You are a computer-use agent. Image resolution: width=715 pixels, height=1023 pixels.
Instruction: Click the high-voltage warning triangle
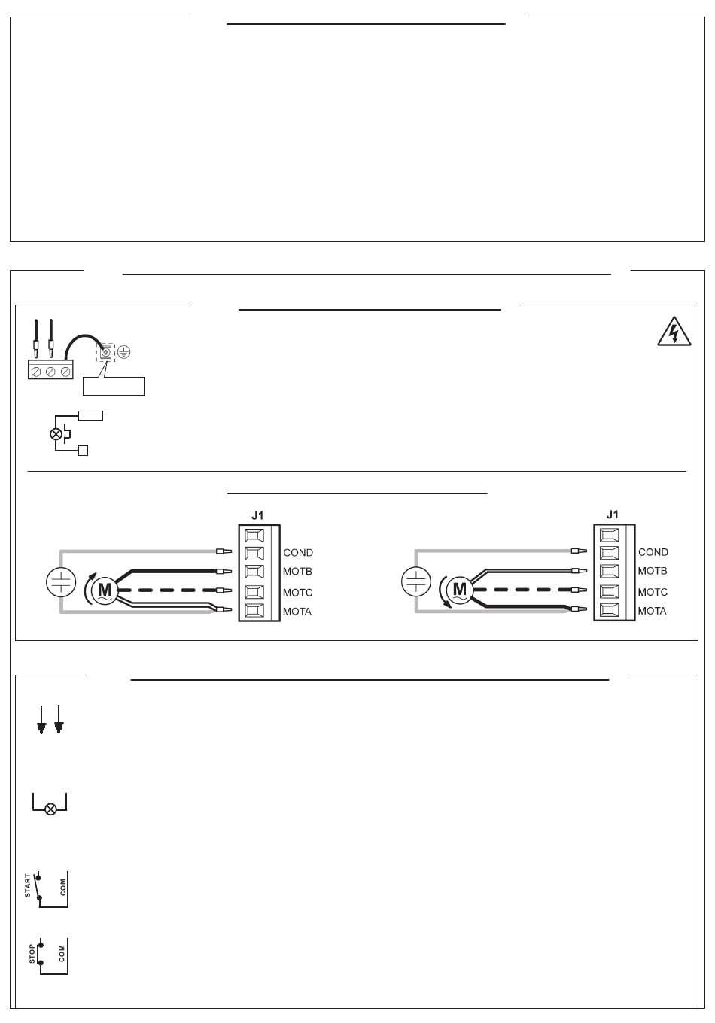pyautogui.click(x=674, y=332)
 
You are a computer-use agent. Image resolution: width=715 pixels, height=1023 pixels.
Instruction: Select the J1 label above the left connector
pyautogui.click(x=257, y=515)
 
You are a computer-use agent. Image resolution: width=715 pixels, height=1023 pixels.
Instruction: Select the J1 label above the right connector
pyautogui.click(x=613, y=515)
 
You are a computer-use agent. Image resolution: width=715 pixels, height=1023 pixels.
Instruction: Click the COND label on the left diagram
pyautogui.click(x=298, y=553)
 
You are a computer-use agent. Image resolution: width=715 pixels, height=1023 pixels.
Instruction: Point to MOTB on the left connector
pyautogui.click(x=297, y=572)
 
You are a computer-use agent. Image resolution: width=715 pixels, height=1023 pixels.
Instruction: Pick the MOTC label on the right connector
pyautogui.click(x=653, y=593)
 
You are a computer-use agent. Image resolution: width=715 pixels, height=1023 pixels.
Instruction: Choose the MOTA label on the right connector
pyautogui.click(x=652, y=611)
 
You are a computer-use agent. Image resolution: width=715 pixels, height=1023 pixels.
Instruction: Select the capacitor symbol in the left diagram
pyautogui.click(x=60, y=581)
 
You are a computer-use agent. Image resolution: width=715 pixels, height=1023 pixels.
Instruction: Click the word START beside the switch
pyautogui.click(x=29, y=885)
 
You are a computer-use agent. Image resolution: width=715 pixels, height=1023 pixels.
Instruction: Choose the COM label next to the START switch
pyautogui.click(x=63, y=886)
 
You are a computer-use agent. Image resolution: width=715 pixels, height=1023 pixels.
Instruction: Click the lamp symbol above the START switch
pyautogui.click(x=51, y=809)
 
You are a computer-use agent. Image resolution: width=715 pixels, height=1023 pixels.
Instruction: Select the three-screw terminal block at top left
pyautogui.click(x=50, y=370)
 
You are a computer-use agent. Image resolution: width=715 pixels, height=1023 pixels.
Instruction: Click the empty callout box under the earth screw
pyautogui.click(x=113, y=387)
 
